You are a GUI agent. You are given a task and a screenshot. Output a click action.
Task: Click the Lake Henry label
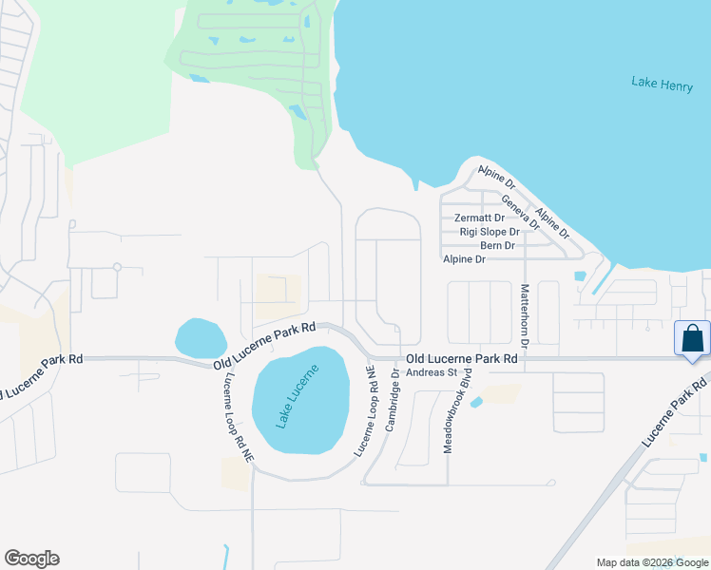[x=662, y=83]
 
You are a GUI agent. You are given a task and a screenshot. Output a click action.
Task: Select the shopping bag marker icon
[x=692, y=340]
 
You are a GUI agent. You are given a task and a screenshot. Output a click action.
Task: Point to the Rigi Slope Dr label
[x=489, y=232]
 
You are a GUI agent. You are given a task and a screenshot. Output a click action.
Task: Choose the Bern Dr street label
[x=497, y=245]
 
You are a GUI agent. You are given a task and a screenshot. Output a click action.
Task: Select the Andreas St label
[x=432, y=372]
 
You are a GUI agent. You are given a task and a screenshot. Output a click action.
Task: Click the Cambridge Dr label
[x=394, y=406]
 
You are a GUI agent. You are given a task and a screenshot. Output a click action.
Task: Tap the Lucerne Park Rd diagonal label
[x=676, y=410]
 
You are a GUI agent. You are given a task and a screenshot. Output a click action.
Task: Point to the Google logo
[x=31, y=559]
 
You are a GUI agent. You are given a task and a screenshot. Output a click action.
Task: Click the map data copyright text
[x=651, y=562]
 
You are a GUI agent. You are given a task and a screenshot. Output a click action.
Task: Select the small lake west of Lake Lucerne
[x=201, y=337]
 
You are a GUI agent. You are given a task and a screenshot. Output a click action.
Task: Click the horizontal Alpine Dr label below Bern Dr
[x=464, y=259]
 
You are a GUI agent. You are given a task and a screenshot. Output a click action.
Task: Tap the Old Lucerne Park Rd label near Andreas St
[x=461, y=359]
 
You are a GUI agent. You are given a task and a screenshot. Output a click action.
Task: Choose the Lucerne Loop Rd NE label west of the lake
[x=239, y=416]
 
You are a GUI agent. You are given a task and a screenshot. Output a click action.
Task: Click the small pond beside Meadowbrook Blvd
[x=475, y=402]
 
